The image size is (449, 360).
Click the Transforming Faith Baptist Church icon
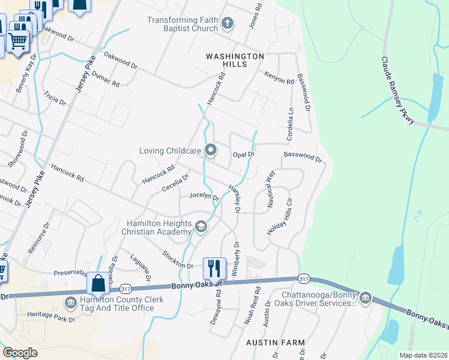pos(227,24)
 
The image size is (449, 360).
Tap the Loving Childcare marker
pos(211,151)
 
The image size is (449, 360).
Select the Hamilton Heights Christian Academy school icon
pos(200,226)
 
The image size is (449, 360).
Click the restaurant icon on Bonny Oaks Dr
pos(214,266)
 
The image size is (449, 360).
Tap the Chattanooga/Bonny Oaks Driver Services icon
pos(365,298)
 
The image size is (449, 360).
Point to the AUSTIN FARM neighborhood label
pos(276,343)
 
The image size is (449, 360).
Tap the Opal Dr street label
pos(244,154)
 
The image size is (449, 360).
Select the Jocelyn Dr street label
pos(203,196)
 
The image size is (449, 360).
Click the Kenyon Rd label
pos(279,77)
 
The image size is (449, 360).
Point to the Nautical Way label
pos(271,189)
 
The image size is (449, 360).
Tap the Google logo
pos(20,353)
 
